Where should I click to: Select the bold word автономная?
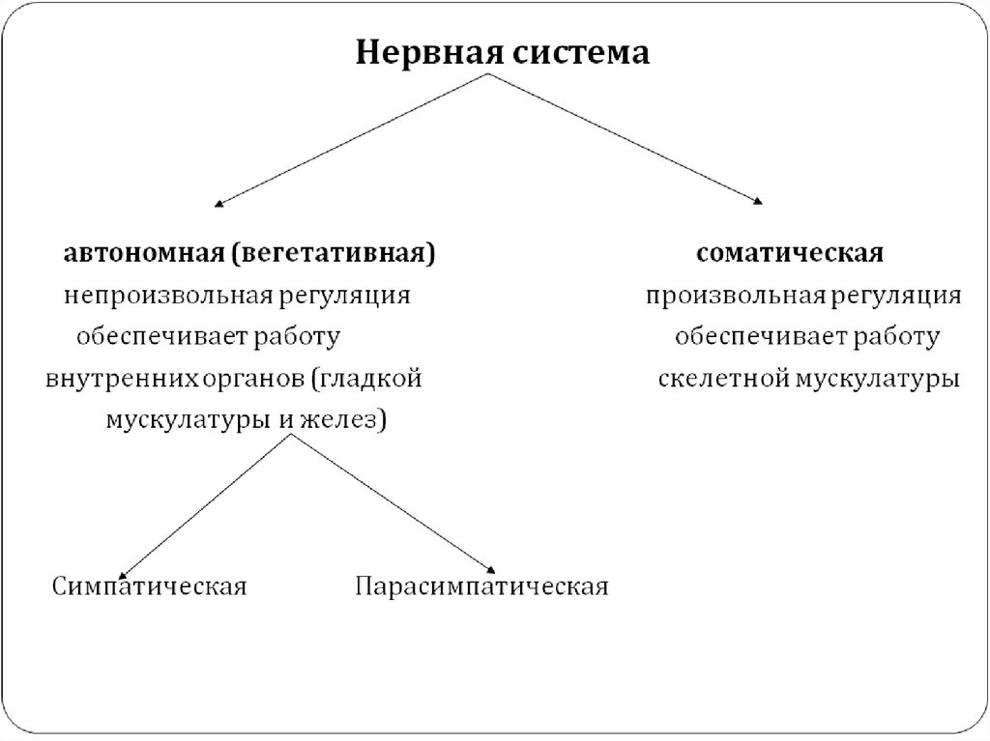(x=143, y=254)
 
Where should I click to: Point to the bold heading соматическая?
(x=790, y=254)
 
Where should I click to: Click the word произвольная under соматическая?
(x=735, y=296)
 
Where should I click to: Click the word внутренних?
(x=122, y=378)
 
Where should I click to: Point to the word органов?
(x=255, y=379)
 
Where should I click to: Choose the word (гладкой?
(x=367, y=378)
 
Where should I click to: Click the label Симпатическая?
(x=150, y=586)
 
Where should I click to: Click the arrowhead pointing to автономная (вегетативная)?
(x=218, y=203)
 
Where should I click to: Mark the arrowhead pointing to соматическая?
(x=759, y=201)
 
